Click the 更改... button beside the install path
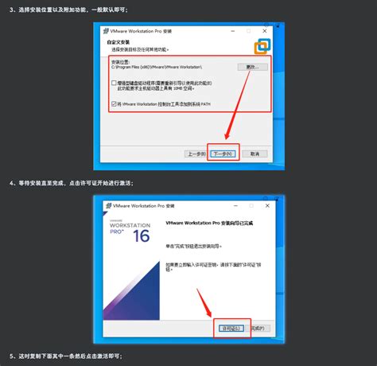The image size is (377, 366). point(254,67)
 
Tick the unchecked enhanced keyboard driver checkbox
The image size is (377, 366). point(115,82)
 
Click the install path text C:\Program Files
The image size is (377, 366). point(159,68)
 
